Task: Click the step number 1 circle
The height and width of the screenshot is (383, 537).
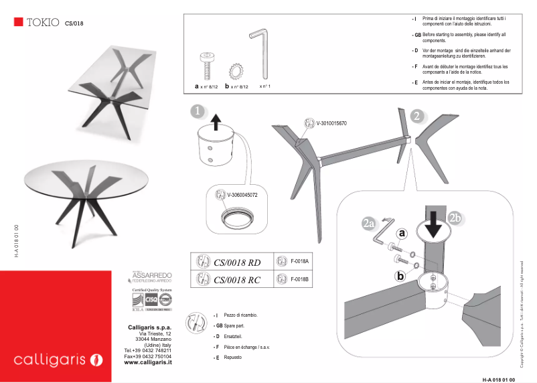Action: pos(197,110)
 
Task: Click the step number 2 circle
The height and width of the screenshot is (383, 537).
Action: pos(416,116)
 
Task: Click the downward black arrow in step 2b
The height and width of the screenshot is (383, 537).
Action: pos(434,227)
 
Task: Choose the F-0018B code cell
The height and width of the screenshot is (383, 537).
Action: pos(299,279)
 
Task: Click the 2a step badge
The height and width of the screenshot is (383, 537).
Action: pos(368,224)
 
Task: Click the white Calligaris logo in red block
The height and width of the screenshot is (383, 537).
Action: pos(58,360)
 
